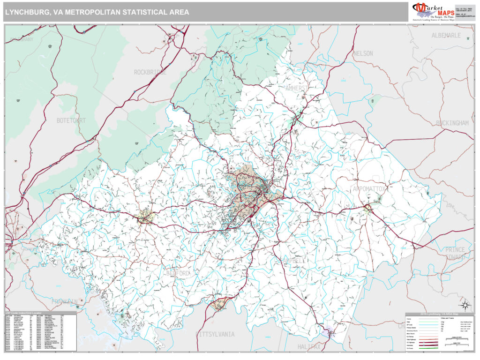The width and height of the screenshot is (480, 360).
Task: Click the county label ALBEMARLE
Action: pos(446,36)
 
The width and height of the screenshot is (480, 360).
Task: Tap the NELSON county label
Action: pos(363,53)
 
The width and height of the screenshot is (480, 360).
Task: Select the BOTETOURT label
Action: pos(71,120)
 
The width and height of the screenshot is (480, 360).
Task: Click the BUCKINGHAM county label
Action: pos(452,123)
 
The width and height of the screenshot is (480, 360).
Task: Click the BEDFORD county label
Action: pos(179,273)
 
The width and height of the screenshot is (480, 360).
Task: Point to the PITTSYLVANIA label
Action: pos(215,334)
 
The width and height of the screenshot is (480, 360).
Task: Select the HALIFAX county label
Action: pos(309,346)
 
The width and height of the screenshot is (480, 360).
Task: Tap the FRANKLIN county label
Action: pos(65,301)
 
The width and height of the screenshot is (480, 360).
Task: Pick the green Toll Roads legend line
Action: pos(428,348)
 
